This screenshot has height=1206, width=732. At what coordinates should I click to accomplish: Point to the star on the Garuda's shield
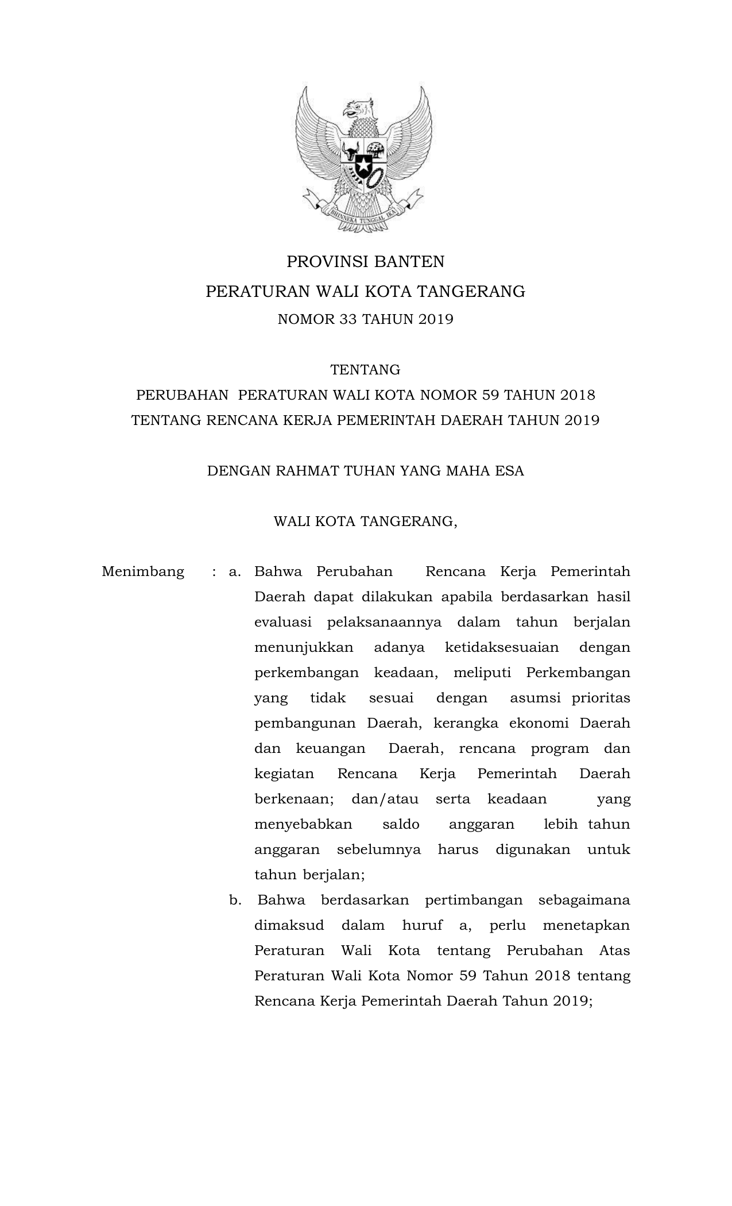[363, 166]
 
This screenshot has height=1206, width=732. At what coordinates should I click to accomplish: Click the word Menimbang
[143, 572]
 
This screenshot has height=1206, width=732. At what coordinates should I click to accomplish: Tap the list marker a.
[234, 572]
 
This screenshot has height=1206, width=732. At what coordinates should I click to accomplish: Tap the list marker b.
[235, 900]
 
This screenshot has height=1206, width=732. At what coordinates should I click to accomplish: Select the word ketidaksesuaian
[501, 648]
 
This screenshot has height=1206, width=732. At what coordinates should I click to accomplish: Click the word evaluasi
[282, 623]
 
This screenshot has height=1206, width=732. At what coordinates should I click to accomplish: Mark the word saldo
[401, 825]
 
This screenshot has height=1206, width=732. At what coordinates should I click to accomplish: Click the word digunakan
[533, 850]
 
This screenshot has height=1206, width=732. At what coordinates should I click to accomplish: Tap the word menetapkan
[586, 926]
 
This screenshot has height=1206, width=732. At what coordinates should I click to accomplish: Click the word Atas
[614, 951]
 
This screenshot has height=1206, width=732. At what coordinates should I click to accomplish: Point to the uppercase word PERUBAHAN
[182, 395]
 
